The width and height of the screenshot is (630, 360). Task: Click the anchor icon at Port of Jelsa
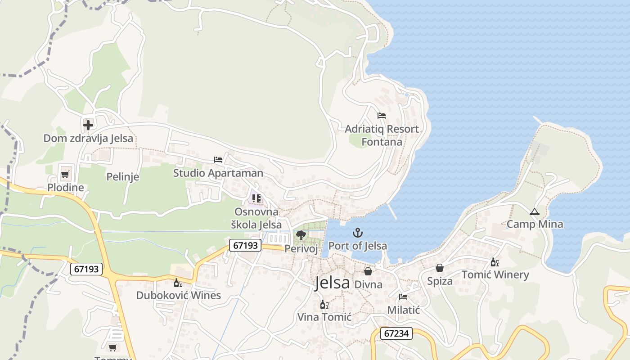click(358, 233)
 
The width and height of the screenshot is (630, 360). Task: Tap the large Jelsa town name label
click(332, 283)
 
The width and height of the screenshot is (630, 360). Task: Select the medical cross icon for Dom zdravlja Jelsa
click(88, 125)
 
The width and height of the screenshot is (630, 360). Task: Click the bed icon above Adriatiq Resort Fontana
click(382, 116)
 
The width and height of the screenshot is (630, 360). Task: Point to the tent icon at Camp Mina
click(535, 211)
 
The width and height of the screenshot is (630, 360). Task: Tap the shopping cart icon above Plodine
click(65, 174)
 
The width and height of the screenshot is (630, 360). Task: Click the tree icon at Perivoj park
click(301, 235)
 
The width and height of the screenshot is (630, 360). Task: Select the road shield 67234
click(396, 333)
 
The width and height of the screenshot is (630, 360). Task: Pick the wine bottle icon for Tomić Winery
click(495, 262)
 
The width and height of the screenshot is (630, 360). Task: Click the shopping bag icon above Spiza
click(440, 268)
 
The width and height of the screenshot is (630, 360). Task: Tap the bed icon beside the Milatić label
click(403, 297)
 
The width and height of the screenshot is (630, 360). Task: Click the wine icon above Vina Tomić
click(324, 305)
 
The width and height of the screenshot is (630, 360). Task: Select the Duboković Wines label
click(179, 295)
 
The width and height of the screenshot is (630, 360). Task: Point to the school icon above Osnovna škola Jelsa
click(256, 198)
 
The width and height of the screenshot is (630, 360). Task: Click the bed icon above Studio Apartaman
click(218, 160)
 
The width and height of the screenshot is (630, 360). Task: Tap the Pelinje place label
click(122, 177)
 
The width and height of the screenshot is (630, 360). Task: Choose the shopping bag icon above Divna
click(368, 271)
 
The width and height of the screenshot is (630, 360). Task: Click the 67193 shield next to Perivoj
click(245, 245)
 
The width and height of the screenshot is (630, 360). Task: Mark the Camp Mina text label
click(535, 224)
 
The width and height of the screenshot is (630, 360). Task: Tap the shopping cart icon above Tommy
click(112, 347)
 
